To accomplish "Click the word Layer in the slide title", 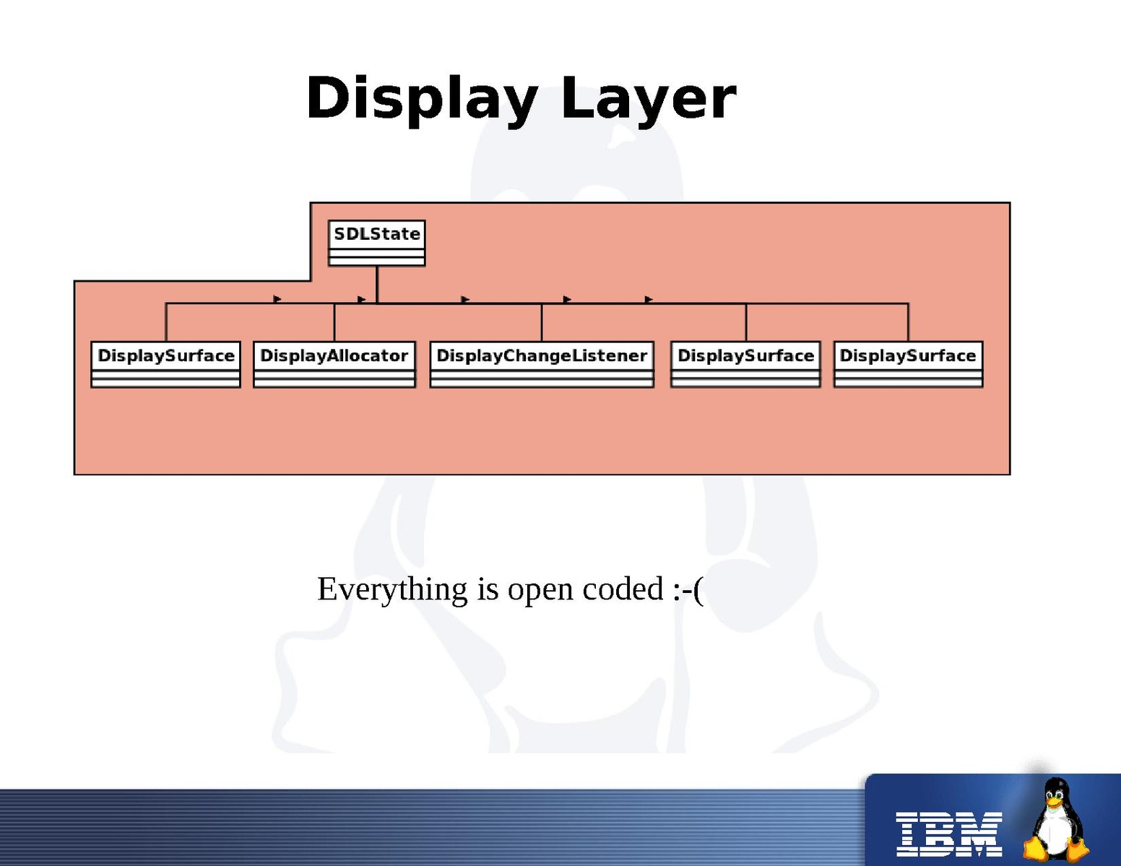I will point(648,99).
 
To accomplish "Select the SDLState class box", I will point(376,243).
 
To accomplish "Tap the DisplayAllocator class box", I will point(334,364).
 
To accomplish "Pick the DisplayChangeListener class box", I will point(542,364).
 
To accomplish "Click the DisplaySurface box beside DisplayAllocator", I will point(165,364).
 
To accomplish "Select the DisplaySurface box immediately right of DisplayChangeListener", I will point(745,364).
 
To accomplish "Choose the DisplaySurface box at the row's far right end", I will point(908,364).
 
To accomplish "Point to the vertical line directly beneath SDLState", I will point(377,284).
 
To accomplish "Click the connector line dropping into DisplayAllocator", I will point(334,322).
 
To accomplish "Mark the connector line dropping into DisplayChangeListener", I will point(542,322).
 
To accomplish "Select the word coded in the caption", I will point(623,589).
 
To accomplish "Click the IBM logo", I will point(948,833).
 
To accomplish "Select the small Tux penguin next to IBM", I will point(1056,819).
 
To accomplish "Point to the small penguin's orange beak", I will point(1054,801).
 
